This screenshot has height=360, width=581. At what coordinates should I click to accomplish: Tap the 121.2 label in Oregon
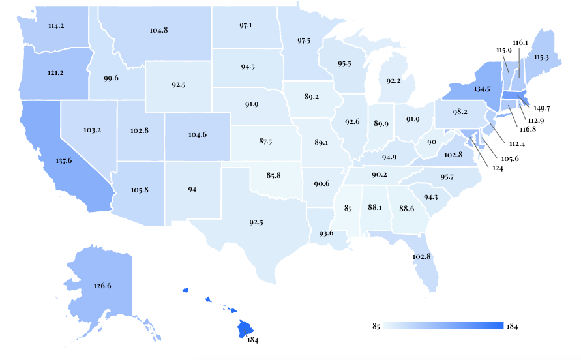(x=55, y=72)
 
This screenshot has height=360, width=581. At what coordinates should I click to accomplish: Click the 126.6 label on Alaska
(x=102, y=285)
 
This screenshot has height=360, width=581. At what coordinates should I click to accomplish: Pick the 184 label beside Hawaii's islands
(x=253, y=340)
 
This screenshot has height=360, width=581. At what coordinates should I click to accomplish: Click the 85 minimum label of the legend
(x=376, y=326)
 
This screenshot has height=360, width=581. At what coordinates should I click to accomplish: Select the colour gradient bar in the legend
(x=444, y=326)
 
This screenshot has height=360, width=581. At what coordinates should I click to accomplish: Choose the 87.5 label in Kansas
(x=266, y=141)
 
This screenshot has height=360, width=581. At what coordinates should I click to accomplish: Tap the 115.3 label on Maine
(x=543, y=57)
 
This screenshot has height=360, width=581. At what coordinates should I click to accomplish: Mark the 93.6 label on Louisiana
(x=327, y=233)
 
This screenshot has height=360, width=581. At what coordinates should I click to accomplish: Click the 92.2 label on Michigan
(x=393, y=81)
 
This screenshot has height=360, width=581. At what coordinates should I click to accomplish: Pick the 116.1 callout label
(x=520, y=42)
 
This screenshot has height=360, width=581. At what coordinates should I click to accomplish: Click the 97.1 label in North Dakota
(x=246, y=25)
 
